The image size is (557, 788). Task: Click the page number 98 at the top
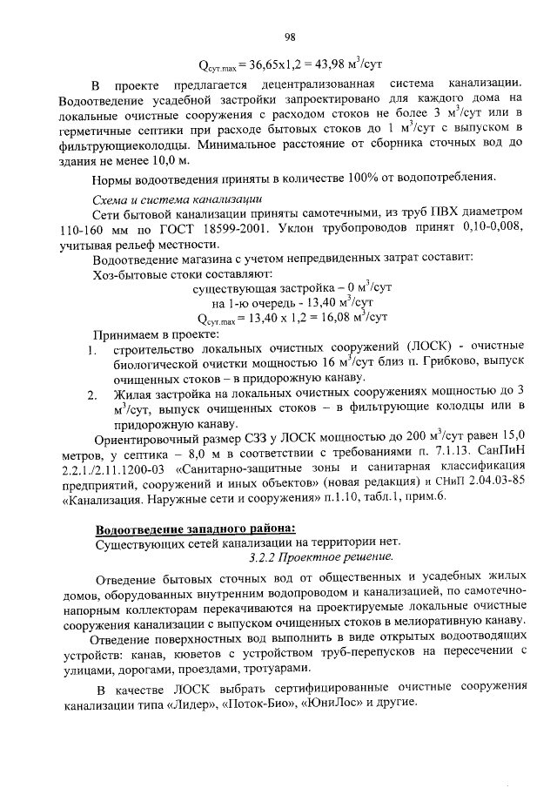291,36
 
